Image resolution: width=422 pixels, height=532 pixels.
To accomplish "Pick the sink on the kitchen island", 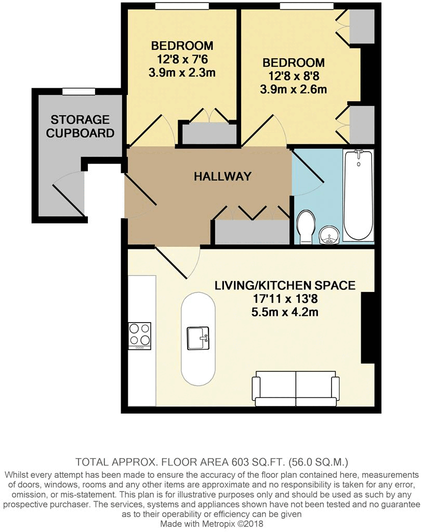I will [x=197, y=338].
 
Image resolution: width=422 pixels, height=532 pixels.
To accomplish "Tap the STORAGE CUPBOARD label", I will [x=80, y=126].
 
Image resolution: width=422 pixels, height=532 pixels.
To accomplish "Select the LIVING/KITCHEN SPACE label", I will [x=285, y=285].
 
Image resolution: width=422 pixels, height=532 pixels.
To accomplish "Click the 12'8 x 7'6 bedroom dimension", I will [x=182, y=58].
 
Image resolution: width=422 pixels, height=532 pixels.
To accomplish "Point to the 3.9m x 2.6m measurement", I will [x=294, y=89].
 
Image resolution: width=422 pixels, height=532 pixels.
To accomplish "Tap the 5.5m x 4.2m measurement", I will [x=285, y=313].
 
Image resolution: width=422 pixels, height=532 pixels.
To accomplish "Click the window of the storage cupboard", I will [x=78, y=92].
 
